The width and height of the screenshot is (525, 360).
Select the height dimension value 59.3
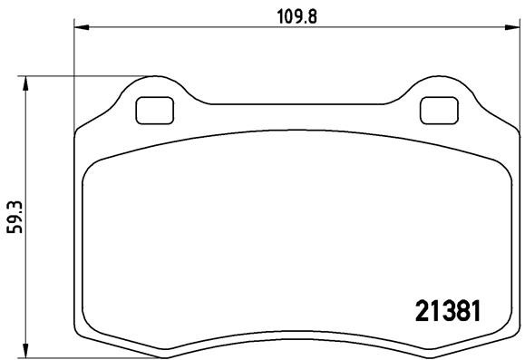14,218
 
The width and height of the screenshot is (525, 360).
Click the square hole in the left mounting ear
151,110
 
